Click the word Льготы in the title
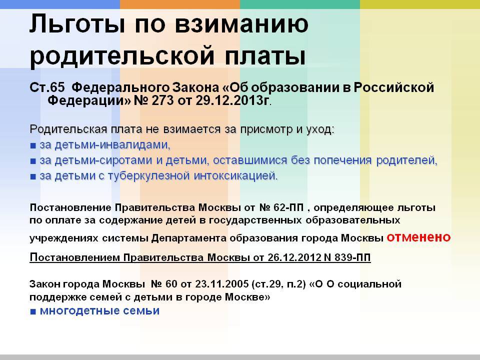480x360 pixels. pyautogui.click(x=77, y=23)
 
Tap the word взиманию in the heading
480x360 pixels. pyautogui.click(x=241, y=23)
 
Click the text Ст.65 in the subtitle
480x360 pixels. pyautogui.click(x=47, y=87)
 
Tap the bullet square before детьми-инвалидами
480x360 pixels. pyautogui.click(x=33, y=145)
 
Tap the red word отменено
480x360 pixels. pyautogui.click(x=418, y=237)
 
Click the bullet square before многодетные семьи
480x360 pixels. pyautogui.click(x=33, y=312)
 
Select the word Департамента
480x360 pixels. pyautogui.click(x=188, y=238)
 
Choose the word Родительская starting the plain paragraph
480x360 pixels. pyautogui.click(x=68, y=129)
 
